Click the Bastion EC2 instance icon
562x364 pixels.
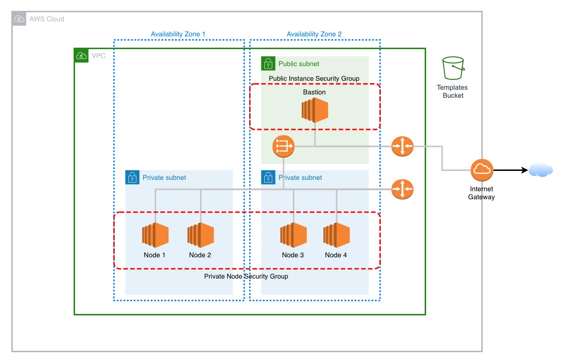[315, 110]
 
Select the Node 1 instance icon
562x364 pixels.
[155, 235]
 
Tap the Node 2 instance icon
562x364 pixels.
[201, 235]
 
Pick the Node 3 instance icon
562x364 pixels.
[294, 235]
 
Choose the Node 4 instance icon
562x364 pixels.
[336, 235]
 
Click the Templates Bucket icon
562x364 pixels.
[453, 69]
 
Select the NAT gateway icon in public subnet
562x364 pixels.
[284, 146]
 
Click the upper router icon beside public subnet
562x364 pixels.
[402, 146]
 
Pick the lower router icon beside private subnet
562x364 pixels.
[402, 189]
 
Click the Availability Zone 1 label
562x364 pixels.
[178, 34]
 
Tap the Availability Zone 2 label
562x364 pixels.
[314, 34]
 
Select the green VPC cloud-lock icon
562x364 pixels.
[81, 56]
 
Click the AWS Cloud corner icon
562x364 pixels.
[19, 19]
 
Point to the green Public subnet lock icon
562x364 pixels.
[268, 63]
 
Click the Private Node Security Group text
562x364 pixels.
[246, 276]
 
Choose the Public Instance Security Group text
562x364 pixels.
[314, 78]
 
